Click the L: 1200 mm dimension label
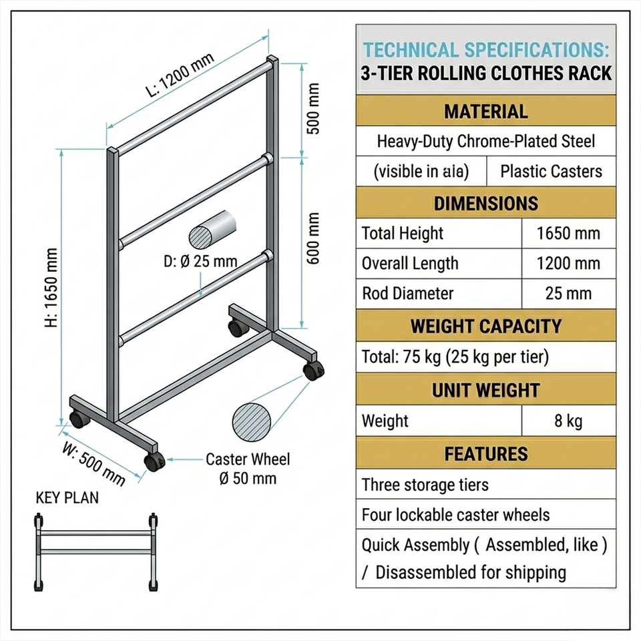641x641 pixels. [x=180, y=75]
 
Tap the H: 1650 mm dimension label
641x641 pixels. [x=51, y=288]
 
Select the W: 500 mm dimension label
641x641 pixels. [x=93, y=464]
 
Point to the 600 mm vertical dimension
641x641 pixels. [x=312, y=238]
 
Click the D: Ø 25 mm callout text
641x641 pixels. [x=200, y=261]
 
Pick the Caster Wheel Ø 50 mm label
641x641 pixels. [x=248, y=469]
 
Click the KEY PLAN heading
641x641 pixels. [x=67, y=498]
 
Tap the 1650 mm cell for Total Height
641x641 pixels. [x=568, y=234]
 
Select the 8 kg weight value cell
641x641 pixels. [x=568, y=421]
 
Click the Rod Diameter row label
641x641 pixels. [x=407, y=294]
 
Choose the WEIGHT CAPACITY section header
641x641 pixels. [x=486, y=326]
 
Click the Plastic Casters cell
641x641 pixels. [x=551, y=172]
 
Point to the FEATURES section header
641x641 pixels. [x=486, y=454]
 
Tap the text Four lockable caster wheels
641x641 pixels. [x=456, y=515]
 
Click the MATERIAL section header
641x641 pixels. [x=486, y=112]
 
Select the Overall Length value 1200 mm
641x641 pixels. [x=568, y=263]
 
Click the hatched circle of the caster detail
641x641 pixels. [x=252, y=422]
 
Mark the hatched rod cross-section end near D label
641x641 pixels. [x=200, y=237]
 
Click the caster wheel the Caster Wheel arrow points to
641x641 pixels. [x=154, y=461]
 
